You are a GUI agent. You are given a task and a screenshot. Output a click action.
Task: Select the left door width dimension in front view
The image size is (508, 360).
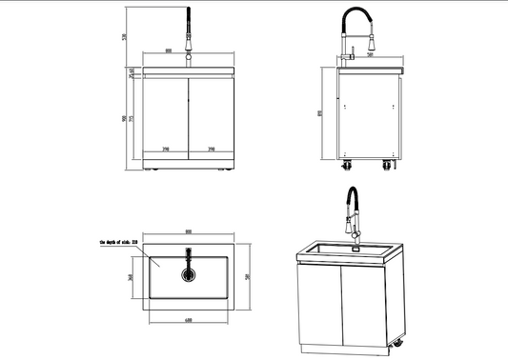point(166,150)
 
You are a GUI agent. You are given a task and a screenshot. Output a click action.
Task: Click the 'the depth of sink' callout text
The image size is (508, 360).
point(118,244)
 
